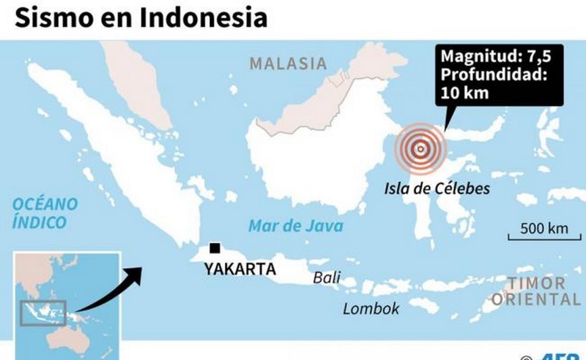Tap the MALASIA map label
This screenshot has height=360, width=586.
coord(288,64)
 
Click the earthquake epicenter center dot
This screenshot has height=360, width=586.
coord(420,149)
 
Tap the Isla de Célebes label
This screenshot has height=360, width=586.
coord(438,188)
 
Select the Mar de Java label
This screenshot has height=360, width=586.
coord(296,226)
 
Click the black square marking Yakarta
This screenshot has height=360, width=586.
coord(215,248)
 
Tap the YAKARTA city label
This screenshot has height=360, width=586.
coord(239,268)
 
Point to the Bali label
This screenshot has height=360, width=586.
coord(326,278)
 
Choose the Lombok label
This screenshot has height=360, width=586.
coord(371,308)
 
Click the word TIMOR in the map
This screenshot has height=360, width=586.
coord(536,283)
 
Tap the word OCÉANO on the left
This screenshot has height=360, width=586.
coord(45,204)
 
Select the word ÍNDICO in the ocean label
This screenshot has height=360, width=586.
coord(39,222)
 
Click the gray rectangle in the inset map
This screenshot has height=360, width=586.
coord(43,313)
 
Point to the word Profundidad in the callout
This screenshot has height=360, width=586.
coord(494,75)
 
